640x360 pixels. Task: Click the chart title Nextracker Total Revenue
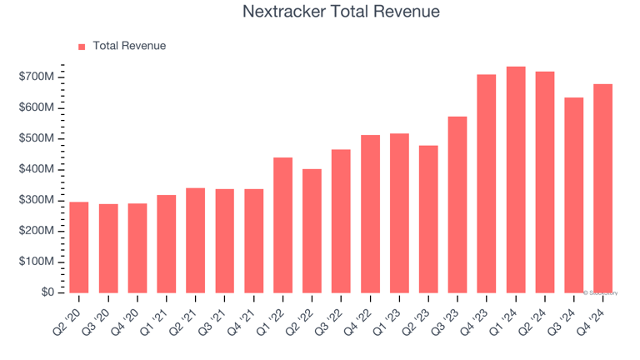[341, 12]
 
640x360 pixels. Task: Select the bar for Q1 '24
[516, 179]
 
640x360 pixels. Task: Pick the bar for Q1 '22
[283, 225]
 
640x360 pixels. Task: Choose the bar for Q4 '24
[602, 188]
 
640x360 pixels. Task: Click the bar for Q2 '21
[196, 240]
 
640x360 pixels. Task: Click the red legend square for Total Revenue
[82, 47]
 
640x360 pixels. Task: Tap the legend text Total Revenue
[129, 46]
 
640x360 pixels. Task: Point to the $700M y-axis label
[37, 77]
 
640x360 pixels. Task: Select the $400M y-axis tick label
[37, 169]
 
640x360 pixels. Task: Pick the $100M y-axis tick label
[37, 262]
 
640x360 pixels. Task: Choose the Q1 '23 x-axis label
[391, 315]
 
